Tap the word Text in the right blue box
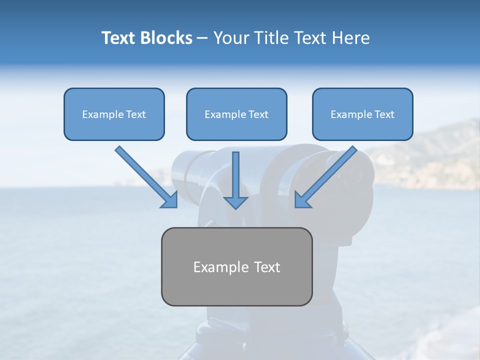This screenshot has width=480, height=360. (384, 114)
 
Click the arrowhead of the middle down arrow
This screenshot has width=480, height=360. (235, 202)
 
